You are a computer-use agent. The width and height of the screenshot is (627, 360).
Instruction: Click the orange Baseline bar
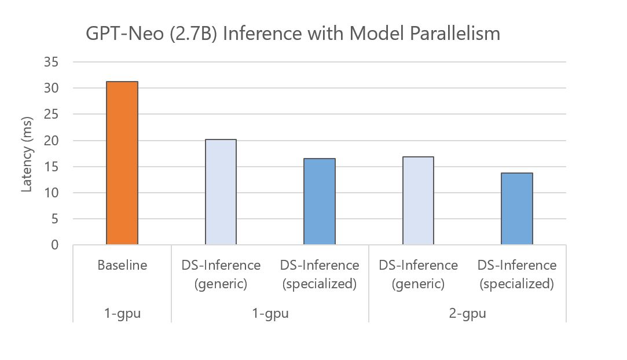point(122,163)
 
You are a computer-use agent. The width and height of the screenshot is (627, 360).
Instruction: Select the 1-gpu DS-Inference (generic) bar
point(221,192)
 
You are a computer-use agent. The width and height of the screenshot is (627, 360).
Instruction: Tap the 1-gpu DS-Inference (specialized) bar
point(320,201)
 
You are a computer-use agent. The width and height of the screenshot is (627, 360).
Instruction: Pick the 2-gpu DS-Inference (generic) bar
point(418,201)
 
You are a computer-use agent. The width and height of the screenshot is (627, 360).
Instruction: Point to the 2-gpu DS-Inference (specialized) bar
point(517,209)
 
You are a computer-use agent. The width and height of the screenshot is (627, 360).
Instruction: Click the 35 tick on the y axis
point(51,62)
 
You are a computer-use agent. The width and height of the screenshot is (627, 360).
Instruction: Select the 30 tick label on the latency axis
point(51,88)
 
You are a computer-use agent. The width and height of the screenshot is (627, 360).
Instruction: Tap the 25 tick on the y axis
point(51,114)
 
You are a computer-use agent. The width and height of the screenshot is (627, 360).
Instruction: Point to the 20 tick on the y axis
point(51,141)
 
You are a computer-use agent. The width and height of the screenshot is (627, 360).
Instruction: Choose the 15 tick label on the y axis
point(51,167)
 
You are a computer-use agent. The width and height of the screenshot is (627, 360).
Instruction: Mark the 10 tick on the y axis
point(51,193)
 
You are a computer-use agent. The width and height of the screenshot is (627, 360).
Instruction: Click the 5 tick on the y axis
point(54,219)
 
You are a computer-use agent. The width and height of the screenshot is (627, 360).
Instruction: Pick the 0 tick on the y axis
point(54,245)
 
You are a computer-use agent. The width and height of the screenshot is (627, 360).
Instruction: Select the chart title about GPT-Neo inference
point(292,34)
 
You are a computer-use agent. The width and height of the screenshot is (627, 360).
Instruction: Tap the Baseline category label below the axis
point(122,266)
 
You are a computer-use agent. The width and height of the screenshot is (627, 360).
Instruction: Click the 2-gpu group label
point(468,314)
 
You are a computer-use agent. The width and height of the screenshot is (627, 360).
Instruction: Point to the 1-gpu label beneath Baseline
point(122,314)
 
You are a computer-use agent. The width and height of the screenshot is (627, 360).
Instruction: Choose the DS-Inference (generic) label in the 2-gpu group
point(418,274)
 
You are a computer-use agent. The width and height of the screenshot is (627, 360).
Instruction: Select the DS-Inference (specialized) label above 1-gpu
point(320,274)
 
